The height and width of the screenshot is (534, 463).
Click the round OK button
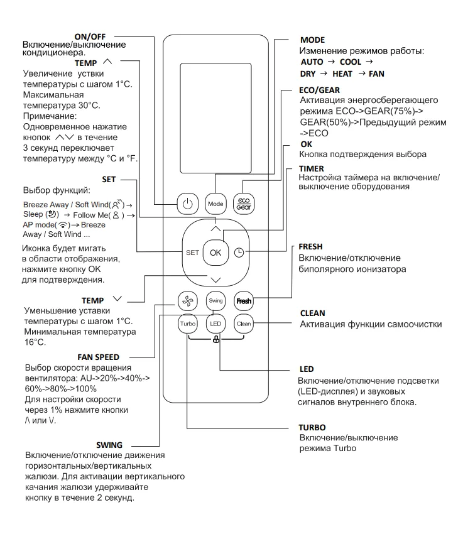(215, 252)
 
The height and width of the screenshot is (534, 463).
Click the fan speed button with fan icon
(188, 300)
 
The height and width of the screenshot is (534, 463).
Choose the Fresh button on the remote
(243, 300)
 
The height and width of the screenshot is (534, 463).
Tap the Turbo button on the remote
(188, 324)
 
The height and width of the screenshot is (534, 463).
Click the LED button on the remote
(215, 324)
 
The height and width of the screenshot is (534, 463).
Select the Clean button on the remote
(243, 324)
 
